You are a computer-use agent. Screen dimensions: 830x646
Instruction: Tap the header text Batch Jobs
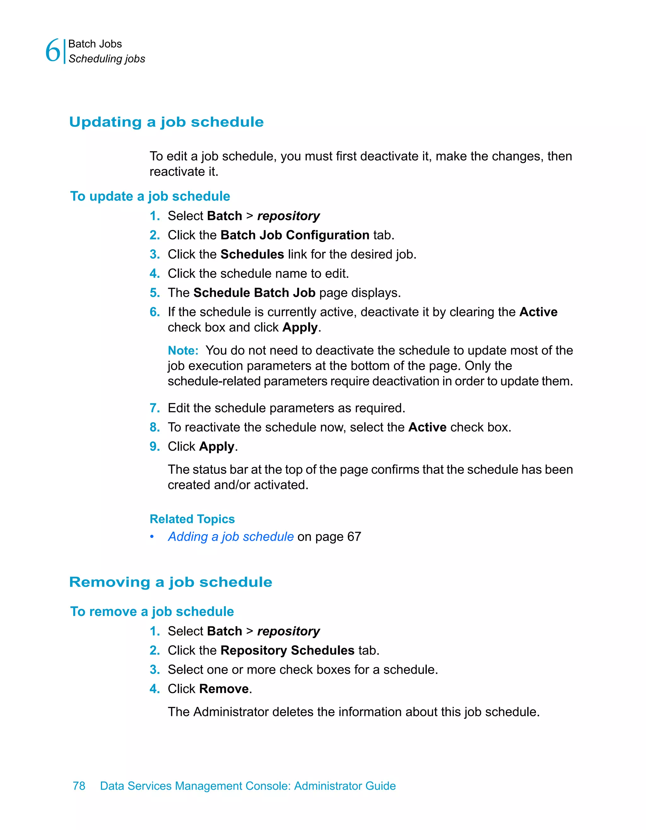95,44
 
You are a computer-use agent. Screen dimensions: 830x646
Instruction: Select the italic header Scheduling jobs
107,59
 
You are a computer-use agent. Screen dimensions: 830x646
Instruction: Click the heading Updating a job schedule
166,122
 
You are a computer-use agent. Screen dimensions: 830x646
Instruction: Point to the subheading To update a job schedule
150,196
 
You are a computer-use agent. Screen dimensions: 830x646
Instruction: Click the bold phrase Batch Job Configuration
295,235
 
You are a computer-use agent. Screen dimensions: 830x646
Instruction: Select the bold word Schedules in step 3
252,254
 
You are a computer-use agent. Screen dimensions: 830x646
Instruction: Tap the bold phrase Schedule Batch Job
254,293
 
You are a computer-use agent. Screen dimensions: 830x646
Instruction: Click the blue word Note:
183,351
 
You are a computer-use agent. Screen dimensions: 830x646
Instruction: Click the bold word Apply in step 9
217,447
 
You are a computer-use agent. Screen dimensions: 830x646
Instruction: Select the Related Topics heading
192,519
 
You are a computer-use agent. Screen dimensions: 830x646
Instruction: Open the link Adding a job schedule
231,537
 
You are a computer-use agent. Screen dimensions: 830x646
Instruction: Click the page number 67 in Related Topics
354,537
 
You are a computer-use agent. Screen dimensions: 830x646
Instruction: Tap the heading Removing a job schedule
171,582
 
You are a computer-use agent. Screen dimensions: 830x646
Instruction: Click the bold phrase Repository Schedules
287,650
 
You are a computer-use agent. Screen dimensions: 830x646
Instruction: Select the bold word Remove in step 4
224,689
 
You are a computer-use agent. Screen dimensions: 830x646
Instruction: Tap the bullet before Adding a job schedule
152,537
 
